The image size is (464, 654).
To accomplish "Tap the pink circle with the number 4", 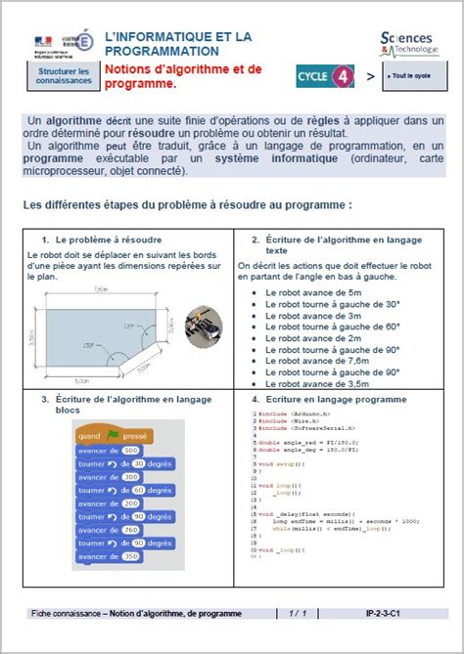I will [342, 75].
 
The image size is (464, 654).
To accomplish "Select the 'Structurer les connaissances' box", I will [64, 76].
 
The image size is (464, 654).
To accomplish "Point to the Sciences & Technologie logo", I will [409, 43].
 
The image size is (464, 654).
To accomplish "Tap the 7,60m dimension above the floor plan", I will [102, 289].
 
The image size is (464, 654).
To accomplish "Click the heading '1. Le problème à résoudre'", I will [102, 240].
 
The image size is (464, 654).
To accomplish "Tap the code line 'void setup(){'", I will [286, 462].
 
